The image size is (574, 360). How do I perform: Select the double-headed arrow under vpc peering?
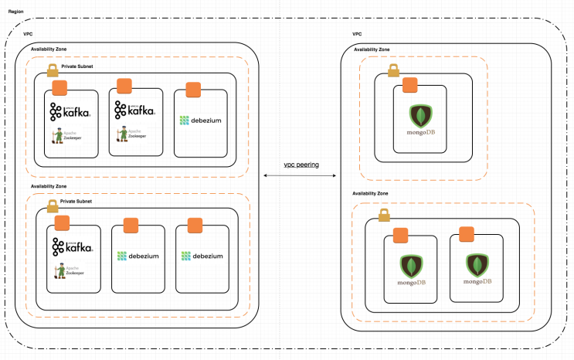pos(301,177)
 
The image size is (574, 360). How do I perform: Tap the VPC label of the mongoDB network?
pos(357,35)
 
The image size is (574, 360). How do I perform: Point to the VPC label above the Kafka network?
pos(29,35)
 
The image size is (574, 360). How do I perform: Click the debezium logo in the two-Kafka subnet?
pos(200,121)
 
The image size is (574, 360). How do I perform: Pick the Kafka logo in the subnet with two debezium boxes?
pos(73,247)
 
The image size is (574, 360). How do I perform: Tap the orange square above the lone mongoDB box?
pos(410,84)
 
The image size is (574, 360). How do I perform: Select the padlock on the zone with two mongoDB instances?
pos(383,216)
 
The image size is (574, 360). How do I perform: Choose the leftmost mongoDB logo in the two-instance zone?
pos(411,267)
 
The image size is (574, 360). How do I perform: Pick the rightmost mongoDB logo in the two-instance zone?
pos(477,267)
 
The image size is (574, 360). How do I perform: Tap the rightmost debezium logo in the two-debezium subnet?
pos(202,256)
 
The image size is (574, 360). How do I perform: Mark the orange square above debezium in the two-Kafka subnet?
pos(192,89)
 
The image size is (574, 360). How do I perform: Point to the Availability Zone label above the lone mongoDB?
pos(372,49)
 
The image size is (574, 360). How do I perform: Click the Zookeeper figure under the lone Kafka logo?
pos(59,270)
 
